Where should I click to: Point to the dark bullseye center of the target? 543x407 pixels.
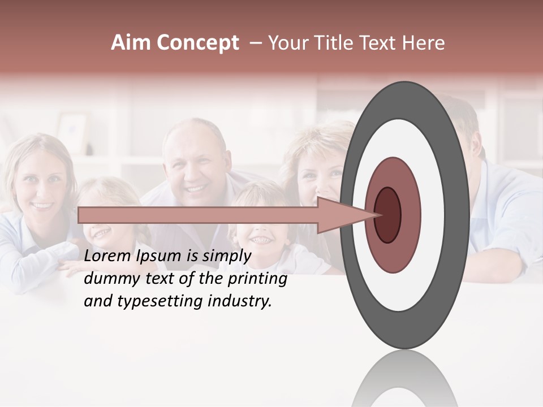pyautogui.click(x=388, y=215)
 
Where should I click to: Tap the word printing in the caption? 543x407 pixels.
pyautogui.click(x=257, y=279)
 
